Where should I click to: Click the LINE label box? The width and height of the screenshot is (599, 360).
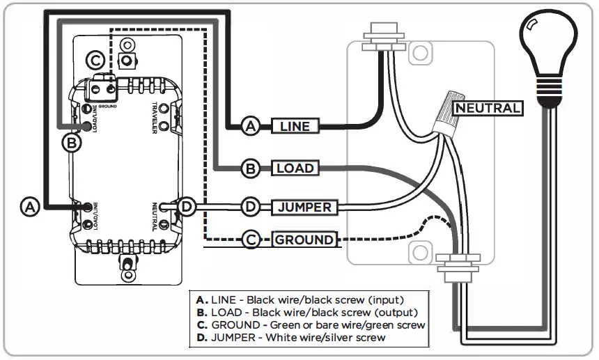point(295,126)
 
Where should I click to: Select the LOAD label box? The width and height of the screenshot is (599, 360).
point(295,168)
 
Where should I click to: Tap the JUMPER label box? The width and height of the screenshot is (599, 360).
point(304,208)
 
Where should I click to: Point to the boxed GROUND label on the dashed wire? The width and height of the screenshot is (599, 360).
point(304,240)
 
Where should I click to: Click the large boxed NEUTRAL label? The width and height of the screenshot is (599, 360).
point(488,108)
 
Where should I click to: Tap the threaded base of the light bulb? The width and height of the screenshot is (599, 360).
point(549,91)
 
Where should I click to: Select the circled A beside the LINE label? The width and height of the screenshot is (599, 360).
point(251,126)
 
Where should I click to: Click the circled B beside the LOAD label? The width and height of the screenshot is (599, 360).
point(251,169)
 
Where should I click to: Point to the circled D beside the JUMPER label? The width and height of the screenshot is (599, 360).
point(251,207)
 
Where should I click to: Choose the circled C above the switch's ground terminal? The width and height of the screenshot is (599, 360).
point(95,61)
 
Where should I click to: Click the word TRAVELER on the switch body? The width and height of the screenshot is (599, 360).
point(155,118)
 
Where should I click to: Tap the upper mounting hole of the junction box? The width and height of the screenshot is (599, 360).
point(421,53)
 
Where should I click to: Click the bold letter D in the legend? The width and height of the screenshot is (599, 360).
point(201,338)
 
